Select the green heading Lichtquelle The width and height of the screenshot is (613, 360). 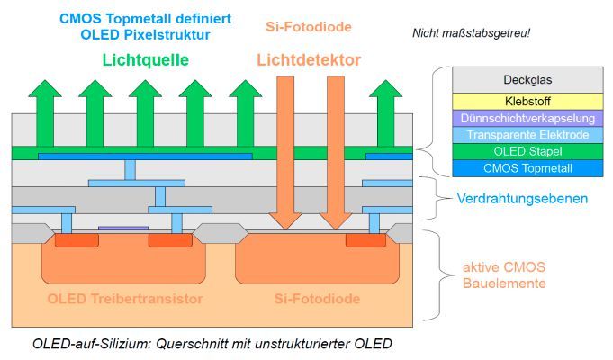click(x=145, y=60)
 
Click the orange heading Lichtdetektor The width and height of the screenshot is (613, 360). click(x=309, y=60)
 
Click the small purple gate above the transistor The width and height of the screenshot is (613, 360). click(x=117, y=229)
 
